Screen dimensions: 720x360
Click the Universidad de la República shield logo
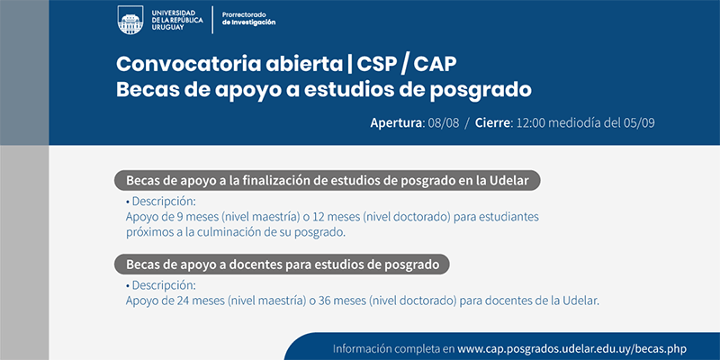(x=130, y=20)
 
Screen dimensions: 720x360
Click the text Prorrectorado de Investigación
(x=248, y=18)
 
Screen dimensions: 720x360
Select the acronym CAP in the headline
(x=436, y=64)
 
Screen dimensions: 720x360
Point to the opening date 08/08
(x=444, y=123)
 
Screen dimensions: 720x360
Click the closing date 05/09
(x=639, y=123)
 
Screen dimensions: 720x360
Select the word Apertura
(x=396, y=123)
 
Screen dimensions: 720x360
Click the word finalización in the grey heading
(x=281, y=181)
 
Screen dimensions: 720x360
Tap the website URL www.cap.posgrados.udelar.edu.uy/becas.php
(x=571, y=348)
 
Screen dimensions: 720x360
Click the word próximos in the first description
(x=147, y=233)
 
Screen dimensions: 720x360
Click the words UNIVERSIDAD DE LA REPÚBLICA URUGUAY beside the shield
(x=176, y=20)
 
